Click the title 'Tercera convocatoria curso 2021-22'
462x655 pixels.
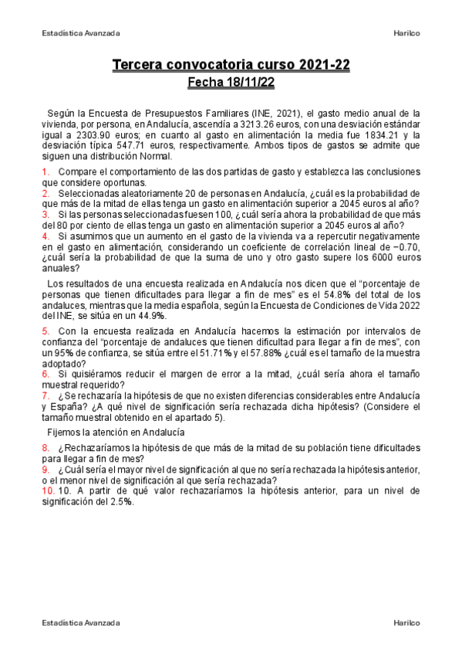(x=231, y=66)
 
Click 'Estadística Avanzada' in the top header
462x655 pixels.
(x=80, y=33)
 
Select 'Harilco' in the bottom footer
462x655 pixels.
(x=406, y=622)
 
